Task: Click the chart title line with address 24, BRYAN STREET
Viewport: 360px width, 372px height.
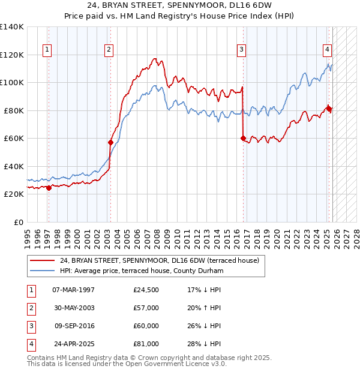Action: [179, 5]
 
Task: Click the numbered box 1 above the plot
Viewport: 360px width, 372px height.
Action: [47, 50]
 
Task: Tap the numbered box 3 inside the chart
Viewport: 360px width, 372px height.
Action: [241, 50]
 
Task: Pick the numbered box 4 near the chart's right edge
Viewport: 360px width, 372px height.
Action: [328, 50]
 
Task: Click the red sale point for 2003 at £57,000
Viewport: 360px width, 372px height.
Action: [110, 143]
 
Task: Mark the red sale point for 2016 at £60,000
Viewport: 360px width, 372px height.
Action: [243, 139]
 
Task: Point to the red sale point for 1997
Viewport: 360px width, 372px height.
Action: [49, 188]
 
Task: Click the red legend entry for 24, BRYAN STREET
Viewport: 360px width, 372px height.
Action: [159, 261]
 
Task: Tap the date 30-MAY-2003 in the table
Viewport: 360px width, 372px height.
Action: [73, 308]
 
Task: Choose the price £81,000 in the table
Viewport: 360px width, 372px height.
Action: [146, 344]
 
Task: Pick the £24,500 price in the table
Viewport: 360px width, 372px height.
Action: [146, 290]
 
